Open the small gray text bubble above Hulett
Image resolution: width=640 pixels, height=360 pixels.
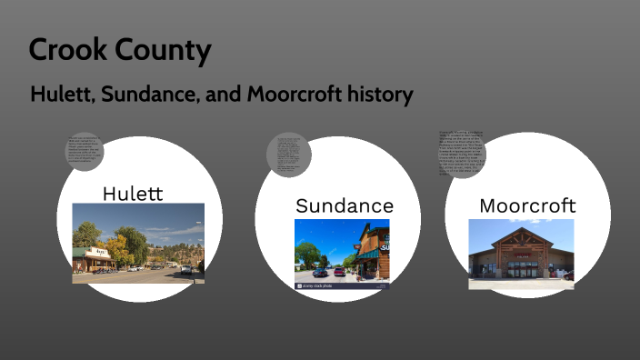point(85,150)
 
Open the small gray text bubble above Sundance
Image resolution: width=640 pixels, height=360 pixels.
point(289,155)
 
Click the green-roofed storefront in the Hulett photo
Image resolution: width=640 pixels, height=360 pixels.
point(91,256)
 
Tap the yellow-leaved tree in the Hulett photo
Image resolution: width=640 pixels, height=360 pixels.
point(117,248)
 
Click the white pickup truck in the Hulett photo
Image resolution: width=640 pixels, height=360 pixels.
point(185,269)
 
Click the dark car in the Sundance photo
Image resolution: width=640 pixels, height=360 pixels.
point(320,272)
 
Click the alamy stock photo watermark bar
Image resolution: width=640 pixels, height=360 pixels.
point(342,285)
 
